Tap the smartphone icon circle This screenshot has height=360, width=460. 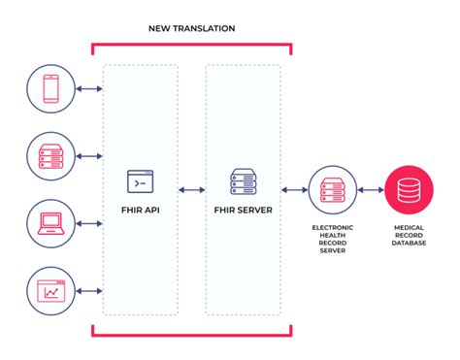click(51, 90)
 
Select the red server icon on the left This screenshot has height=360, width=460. click(51, 155)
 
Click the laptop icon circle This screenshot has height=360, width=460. click(51, 221)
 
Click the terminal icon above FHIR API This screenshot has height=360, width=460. click(141, 180)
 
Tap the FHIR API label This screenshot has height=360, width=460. click(141, 209)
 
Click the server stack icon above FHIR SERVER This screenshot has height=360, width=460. click(242, 180)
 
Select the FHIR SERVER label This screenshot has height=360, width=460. click(242, 209)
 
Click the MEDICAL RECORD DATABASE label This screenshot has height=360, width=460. click(409, 235)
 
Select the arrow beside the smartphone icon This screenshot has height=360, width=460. click(91, 90)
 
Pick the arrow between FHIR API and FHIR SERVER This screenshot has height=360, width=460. click(191, 190)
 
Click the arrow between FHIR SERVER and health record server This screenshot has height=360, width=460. click(293, 190)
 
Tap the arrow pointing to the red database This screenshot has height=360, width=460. click(370, 190)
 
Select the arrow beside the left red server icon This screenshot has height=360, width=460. click(91, 155)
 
